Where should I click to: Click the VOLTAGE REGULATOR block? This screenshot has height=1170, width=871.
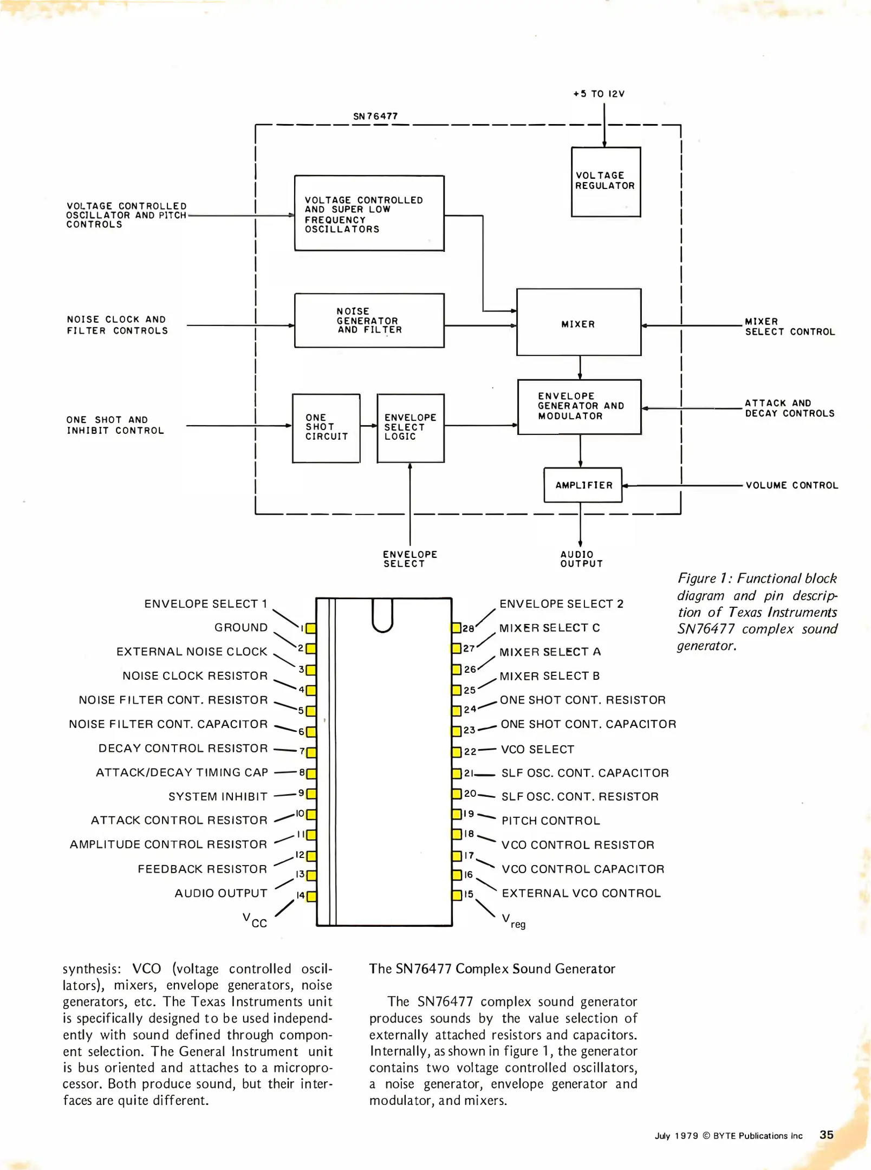(x=606, y=181)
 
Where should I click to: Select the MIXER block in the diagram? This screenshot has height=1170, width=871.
(x=578, y=322)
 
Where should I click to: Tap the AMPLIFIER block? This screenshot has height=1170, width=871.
(x=583, y=485)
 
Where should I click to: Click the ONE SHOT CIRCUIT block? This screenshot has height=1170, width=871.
(x=326, y=428)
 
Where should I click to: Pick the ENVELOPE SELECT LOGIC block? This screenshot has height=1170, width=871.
(x=411, y=428)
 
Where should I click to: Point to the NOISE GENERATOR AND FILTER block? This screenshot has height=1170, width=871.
(x=369, y=320)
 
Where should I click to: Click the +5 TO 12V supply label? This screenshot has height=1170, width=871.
(x=599, y=94)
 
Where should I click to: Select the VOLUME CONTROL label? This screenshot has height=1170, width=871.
(x=791, y=485)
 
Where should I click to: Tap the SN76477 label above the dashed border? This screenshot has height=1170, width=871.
(x=375, y=116)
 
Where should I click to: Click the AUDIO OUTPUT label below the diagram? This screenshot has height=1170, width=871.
(x=581, y=559)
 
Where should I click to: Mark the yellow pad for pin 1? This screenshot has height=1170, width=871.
(x=311, y=628)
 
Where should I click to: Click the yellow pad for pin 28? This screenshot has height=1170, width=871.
(x=457, y=628)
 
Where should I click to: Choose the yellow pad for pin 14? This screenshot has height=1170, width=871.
(x=311, y=896)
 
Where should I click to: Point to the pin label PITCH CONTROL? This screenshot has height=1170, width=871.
(x=550, y=821)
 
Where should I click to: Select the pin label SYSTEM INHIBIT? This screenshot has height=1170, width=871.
(x=218, y=796)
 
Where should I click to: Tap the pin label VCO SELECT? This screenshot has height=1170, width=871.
(x=537, y=749)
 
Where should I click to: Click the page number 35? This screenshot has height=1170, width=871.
(x=826, y=1134)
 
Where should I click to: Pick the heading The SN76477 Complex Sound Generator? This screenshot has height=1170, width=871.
(x=492, y=968)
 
